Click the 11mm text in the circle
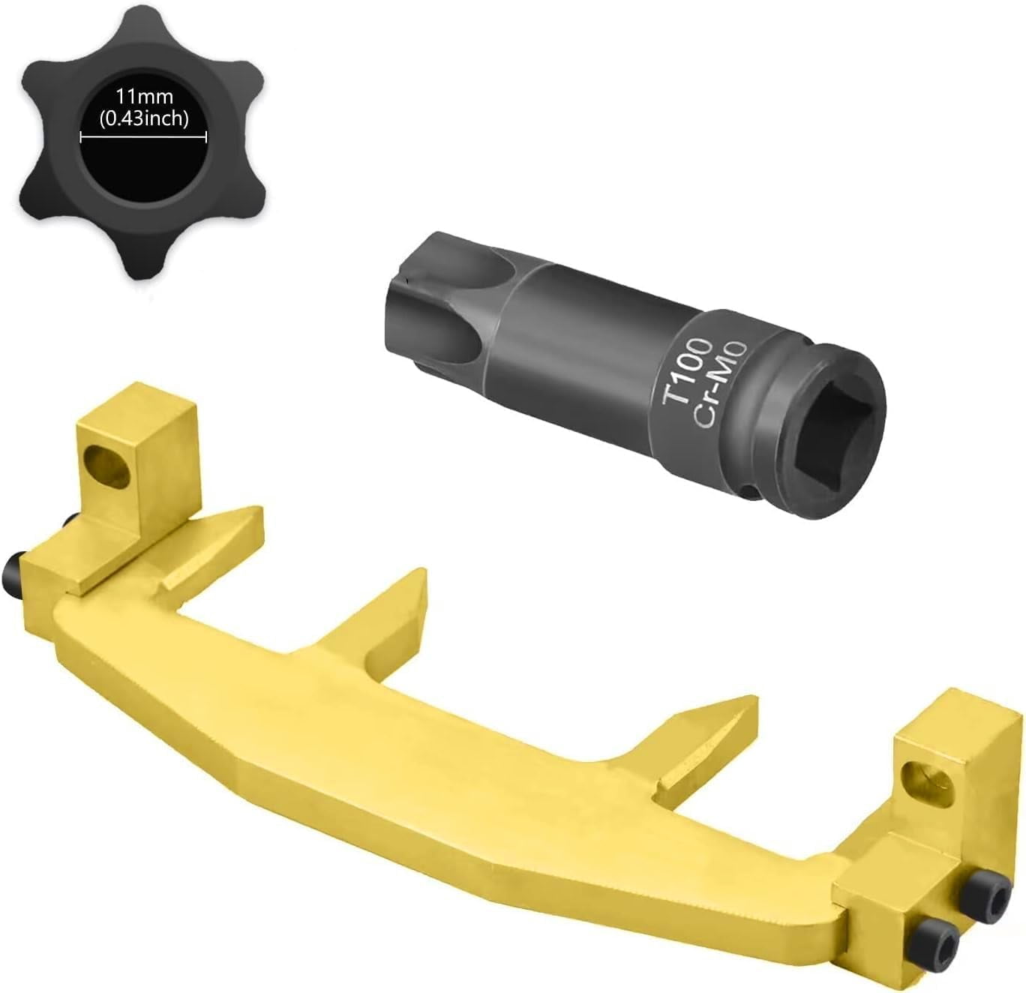[x=144, y=97]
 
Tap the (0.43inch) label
[x=144, y=118]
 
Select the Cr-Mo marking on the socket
[x=720, y=382]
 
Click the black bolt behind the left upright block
[x=70, y=520]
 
